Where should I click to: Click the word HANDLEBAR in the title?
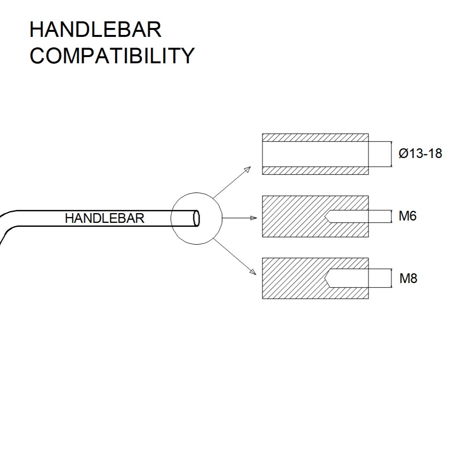tap(95, 30)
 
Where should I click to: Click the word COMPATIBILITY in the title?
tap(111, 56)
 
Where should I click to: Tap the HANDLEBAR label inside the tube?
tap(104, 218)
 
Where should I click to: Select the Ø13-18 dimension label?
tap(420, 154)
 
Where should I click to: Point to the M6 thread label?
tap(407, 216)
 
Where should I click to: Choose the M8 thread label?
tap(408, 278)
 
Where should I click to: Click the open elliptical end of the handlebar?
tap(196, 218)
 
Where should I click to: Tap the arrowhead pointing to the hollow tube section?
tap(247, 170)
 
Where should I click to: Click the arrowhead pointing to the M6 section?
tap(254, 218)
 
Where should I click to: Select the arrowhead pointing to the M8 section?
tap(253, 271)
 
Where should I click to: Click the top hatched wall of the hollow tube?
tap(315, 137)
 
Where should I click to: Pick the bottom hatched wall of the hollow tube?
tap(315, 170)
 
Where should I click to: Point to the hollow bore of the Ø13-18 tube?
tap(315, 154)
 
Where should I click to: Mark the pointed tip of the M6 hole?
tap(325, 217)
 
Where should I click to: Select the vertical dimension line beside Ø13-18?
tap(391, 154)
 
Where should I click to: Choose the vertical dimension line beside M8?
tap(391, 278)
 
